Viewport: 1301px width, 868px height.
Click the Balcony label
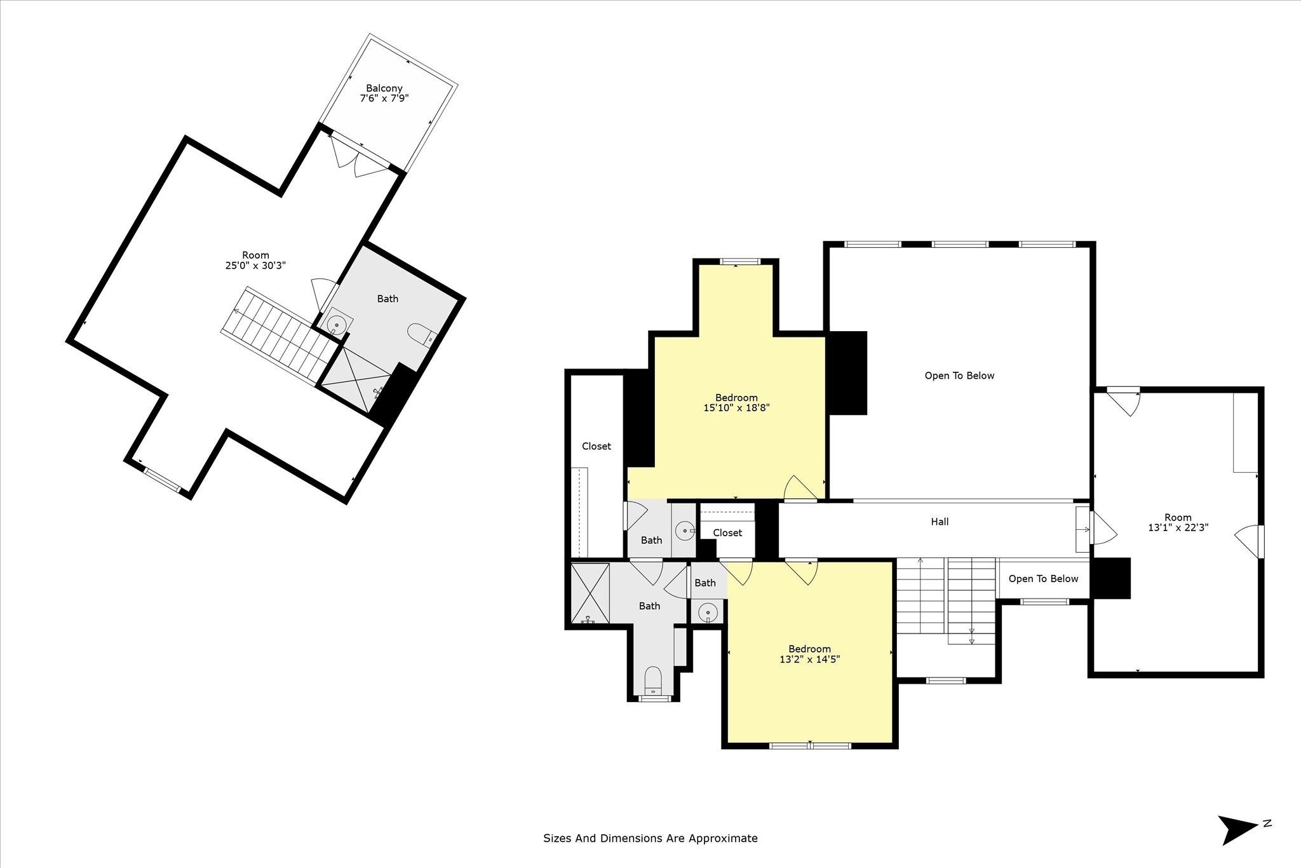click(384, 88)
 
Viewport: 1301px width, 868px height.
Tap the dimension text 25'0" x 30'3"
click(255, 266)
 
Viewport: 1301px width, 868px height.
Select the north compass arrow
click(1237, 830)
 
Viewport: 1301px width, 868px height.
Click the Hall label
click(940, 522)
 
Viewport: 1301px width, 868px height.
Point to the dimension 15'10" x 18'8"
click(736, 408)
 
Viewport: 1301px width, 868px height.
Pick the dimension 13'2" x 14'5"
click(809, 659)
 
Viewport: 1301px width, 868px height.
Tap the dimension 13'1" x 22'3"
click(1178, 527)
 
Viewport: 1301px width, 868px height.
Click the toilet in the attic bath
click(421, 334)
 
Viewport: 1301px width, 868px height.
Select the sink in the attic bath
click(337, 325)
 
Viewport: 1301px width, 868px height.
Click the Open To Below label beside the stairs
click(1043, 578)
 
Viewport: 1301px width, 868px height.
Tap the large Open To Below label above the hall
click(959, 376)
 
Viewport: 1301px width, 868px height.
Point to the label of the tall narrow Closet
click(597, 446)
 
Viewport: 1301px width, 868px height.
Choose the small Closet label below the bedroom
click(727, 532)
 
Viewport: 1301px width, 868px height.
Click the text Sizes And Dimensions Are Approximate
click(650, 838)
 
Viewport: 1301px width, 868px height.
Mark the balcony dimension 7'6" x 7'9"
click(384, 98)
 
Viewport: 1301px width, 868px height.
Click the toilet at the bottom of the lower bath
click(653, 681)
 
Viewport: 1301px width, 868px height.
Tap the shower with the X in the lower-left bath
click(590, 593)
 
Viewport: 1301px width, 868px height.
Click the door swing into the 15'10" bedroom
click(800, 488)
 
